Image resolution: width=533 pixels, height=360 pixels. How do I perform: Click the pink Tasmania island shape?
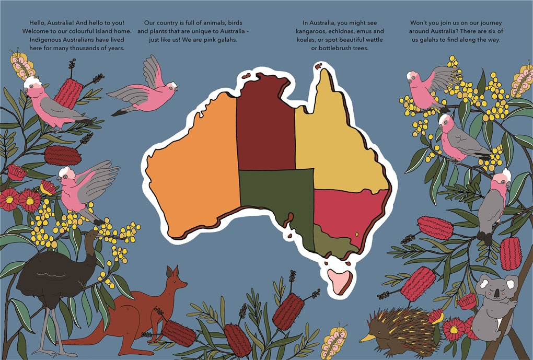pyautogui.click(x=340, y=281)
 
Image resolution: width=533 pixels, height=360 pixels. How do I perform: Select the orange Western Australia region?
pyautogui.click(x=193, y=167)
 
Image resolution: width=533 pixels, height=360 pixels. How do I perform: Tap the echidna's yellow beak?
pyautogui.click(x=366, y=338)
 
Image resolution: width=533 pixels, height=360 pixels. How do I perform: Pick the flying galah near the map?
pyautogui.click(x=144, y=89)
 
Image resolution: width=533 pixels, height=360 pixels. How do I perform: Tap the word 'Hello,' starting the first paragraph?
pyautogui.click(x=39, y=23)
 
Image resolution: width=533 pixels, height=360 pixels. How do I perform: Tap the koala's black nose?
pyautogui.click(x=494, y=296)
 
